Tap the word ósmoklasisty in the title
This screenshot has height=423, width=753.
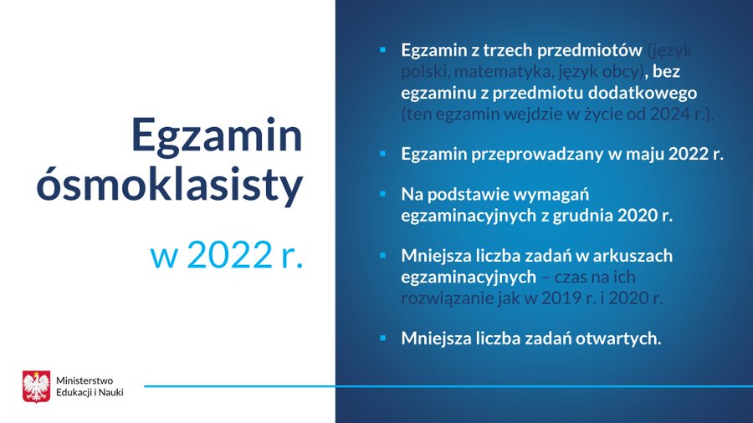(x=168, y=187)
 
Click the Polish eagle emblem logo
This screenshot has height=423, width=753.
(x=36, y=385)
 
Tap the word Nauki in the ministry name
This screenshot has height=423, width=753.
(x=110, y=392)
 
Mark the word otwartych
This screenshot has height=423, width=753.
(x=619, y=338)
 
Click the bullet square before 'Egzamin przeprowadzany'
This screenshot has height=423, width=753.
(x=382, y=154)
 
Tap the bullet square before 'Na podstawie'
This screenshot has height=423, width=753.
(x=382, y=194)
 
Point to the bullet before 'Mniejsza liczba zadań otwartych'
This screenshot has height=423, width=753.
(x=382, y=338)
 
